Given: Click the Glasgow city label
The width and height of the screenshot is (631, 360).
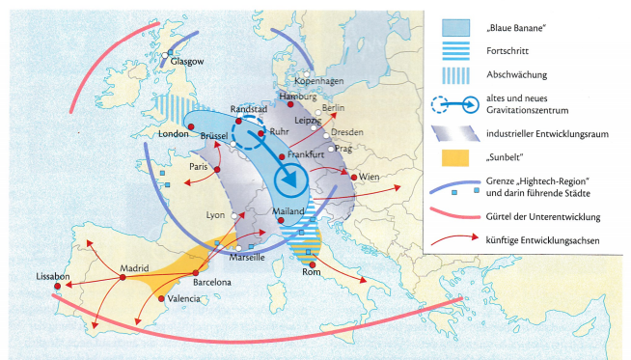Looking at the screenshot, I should [x=188, y=61].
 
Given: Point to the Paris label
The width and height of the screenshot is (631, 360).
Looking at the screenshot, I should [x=199, y=167].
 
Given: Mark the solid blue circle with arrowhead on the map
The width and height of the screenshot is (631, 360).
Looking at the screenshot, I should [x=288, y=180].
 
